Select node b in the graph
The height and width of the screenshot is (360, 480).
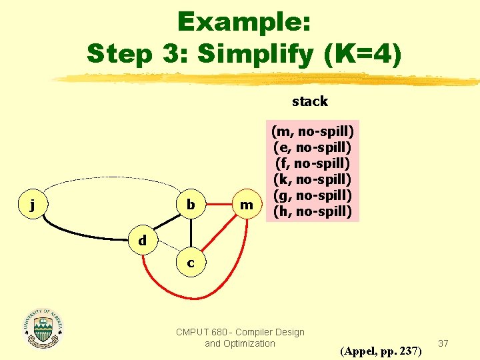tap(191, 205)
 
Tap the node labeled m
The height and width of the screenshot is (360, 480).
tap(247, 205)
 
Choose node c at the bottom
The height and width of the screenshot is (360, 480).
tap(191, 263)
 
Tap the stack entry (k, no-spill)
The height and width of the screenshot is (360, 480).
tap(313, 179)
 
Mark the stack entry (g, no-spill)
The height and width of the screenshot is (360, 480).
tap(313, 195)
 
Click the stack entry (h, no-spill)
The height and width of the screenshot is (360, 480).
tap(313, 212)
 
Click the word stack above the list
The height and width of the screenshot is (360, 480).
tap(310, 101)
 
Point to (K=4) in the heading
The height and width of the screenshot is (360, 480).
tap(363, 53)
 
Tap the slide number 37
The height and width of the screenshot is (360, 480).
tap(443, 343)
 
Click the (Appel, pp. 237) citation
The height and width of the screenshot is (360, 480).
tap(381, 350)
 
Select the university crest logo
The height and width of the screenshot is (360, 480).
tap(44, 329)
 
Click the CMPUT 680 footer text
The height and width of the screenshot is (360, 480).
tap(240, 337)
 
